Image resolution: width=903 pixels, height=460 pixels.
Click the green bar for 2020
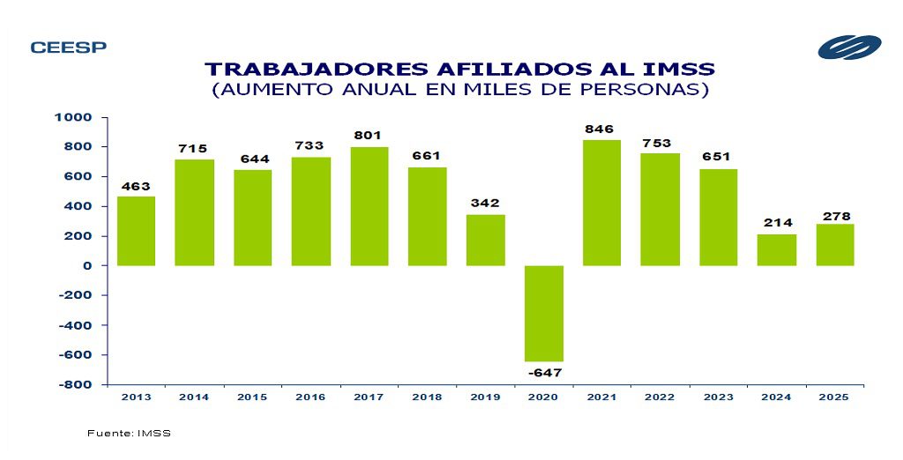(x=544, y=313)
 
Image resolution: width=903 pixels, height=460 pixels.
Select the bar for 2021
(x=602, y=203)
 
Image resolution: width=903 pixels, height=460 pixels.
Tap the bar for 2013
(x=136, y=231)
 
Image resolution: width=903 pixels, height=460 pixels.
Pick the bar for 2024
(x=776, y=249)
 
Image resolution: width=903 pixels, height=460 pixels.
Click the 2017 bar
(x=369, y=206)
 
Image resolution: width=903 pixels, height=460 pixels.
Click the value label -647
(x=544, y=373)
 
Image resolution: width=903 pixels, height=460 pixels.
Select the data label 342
(x=486, y=204)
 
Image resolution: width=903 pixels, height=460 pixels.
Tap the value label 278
(x=835, y=216)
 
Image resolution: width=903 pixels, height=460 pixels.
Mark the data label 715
(x=194, y=148)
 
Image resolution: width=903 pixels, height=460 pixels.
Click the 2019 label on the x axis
(x=486, y=397)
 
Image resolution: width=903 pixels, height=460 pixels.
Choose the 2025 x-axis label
(x=834, y=397)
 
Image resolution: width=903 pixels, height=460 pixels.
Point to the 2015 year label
(x=252, y=397)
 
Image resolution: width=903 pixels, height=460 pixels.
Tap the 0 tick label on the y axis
(x=88, y=265)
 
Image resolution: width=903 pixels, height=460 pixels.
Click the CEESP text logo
(x=68, y=48)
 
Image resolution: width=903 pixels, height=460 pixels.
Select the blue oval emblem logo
(x=848, y=48)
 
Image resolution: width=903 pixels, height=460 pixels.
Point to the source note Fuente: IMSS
(x=129, y=434)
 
